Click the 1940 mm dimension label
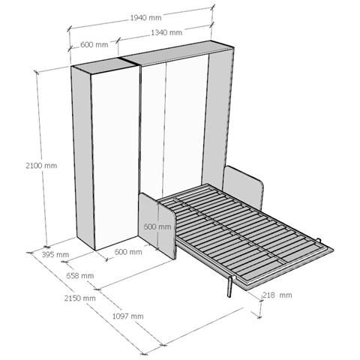click(x=146, y=18)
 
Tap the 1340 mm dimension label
click(x=166, y=32)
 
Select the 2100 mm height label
click(x=41, y=166)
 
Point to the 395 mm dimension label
click(x=55, y=255)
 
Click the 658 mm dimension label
click(x=80, y=276)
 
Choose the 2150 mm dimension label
click(x=80, y=298)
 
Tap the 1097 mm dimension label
click(x=128, y=316)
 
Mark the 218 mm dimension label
click(x=277, y=295)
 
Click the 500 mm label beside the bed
click(x=157, y=226)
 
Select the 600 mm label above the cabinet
click(x=94, y=45)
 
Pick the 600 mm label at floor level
click(x=128, y=252)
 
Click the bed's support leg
click(x=229, y=286)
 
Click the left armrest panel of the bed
click(x=157, y=226)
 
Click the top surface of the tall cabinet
click(x=104, y=65)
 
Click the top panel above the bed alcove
click(x=178, y=53)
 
